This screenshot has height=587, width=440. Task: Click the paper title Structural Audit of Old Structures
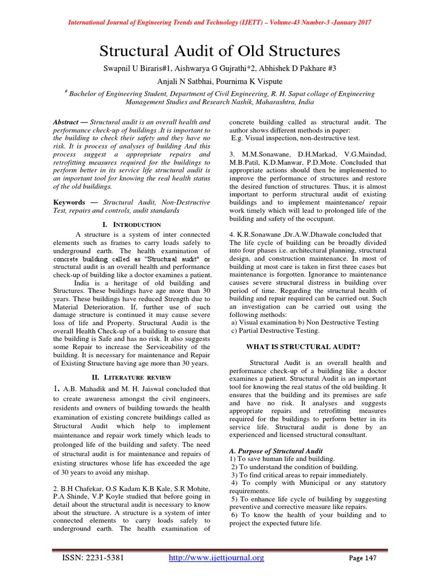(220, 51)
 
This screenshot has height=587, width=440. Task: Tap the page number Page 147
(363, 558)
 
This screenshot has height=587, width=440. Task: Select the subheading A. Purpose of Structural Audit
(276, 451)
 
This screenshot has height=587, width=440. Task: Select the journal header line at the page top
(220, 22)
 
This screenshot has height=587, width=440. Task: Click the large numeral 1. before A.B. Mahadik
(57, 389)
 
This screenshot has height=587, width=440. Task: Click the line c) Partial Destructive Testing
(275, 331)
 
